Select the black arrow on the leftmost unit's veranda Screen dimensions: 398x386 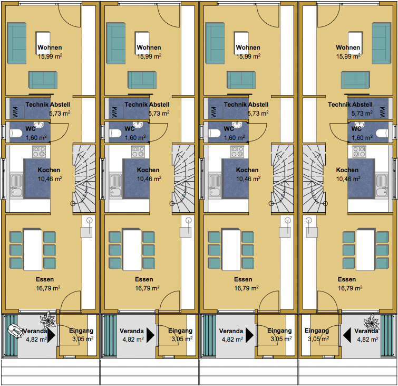pyautogui.click(x=51, y=335)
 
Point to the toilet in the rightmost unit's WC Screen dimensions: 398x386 pyautogui.click(x=382, y=133)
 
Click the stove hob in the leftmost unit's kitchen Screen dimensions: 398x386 pyautogui.click(x=39, y=152)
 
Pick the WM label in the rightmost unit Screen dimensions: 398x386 pyautogui.click(x=383, y=111)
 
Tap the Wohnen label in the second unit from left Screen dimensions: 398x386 pyautogui.click(x=149, y=48)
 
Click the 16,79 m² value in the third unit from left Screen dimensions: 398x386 pyautogui.click(x=246, y=288)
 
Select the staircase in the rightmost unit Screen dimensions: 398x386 pyautogui.click(x=314, y=178)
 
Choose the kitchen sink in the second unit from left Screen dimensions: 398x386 pyautogui.click(x=116, y=186)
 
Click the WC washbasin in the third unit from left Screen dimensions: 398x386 pyautogui.click(x=238, y=125)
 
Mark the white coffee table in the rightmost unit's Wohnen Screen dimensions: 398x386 pyautogui.click(x=354, y=43)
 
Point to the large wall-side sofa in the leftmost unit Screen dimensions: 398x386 pyautogui.click(x=17, y=43)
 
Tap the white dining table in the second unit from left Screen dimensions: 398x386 pyautogui.click(x=132, y=249)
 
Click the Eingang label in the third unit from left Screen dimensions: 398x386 pyautogui.click(x=279, y=331)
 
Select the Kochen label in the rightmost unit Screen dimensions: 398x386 pyautogui.click(x=347, y=170)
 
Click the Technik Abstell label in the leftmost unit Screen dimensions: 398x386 pyautogui.click(x=48, y=105)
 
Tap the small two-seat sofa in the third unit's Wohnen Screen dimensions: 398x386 pyautogui.click(x=241, y=80)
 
